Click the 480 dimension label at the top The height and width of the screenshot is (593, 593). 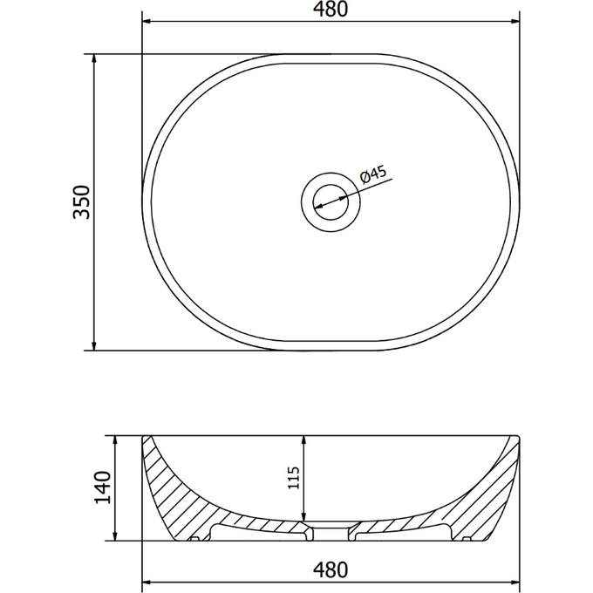point(331,10)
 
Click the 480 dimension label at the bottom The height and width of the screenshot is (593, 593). point(331,569)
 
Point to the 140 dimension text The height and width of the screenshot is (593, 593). point(102,487)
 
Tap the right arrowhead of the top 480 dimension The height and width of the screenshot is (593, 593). point(515,22)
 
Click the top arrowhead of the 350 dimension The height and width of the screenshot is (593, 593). point(94,58)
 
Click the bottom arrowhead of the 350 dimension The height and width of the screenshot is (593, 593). point(94,345)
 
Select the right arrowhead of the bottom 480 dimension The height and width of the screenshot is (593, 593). point(515,580)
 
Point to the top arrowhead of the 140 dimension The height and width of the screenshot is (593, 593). point(117,439)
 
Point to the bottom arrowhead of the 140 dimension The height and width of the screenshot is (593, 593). point(117,536)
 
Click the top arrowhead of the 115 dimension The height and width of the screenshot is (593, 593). point(303,439)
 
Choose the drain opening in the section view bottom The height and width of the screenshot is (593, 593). point(331,528)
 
